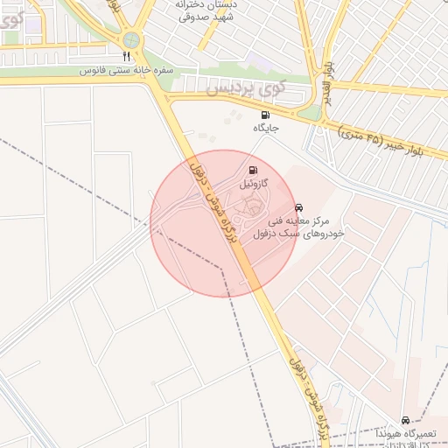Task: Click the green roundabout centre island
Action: pyautogui.click(x=131, y=39)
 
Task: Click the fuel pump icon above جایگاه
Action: pyautogui.click(x=265, y=115)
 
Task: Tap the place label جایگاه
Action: pyautogui.click(x=265, y=128)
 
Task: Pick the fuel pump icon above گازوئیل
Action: pyautogui.click(x=253, y=171)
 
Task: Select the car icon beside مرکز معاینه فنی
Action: pyautogui.click(x=300, y=207)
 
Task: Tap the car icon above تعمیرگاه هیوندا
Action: pyautogui.click(x=404, y=420)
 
